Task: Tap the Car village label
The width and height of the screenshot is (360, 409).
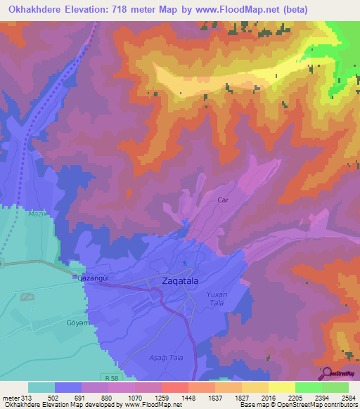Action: pyautogui.click(x=224, y=200)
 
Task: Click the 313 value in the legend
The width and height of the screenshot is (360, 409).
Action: pyautogui.click(x=27, y=398)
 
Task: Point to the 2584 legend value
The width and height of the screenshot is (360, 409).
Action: pyautogui.click(x=349, y=398)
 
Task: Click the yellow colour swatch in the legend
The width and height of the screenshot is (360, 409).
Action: pyautogui.click(x=281, y=387)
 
